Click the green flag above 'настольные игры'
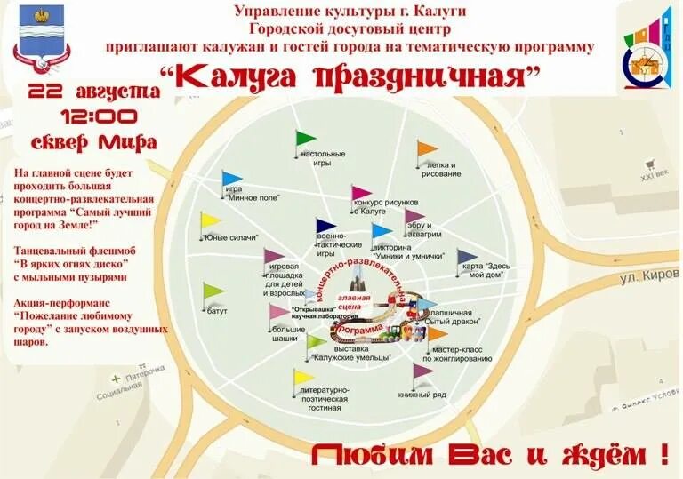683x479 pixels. coord(305,139)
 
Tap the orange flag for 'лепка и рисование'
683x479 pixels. coord(427,148)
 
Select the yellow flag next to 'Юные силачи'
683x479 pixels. coord(209,220)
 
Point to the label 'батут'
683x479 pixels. coord(218,311)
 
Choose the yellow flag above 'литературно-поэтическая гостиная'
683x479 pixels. coord(303,377)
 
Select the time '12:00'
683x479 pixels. coord(99,116)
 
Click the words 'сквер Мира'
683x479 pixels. coord(94,142)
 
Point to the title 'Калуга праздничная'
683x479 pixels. coord(351,77)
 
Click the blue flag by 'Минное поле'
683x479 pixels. coord(231,179)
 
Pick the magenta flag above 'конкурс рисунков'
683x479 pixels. coord(360,193)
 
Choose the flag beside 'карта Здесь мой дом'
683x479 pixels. coord(467,257)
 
